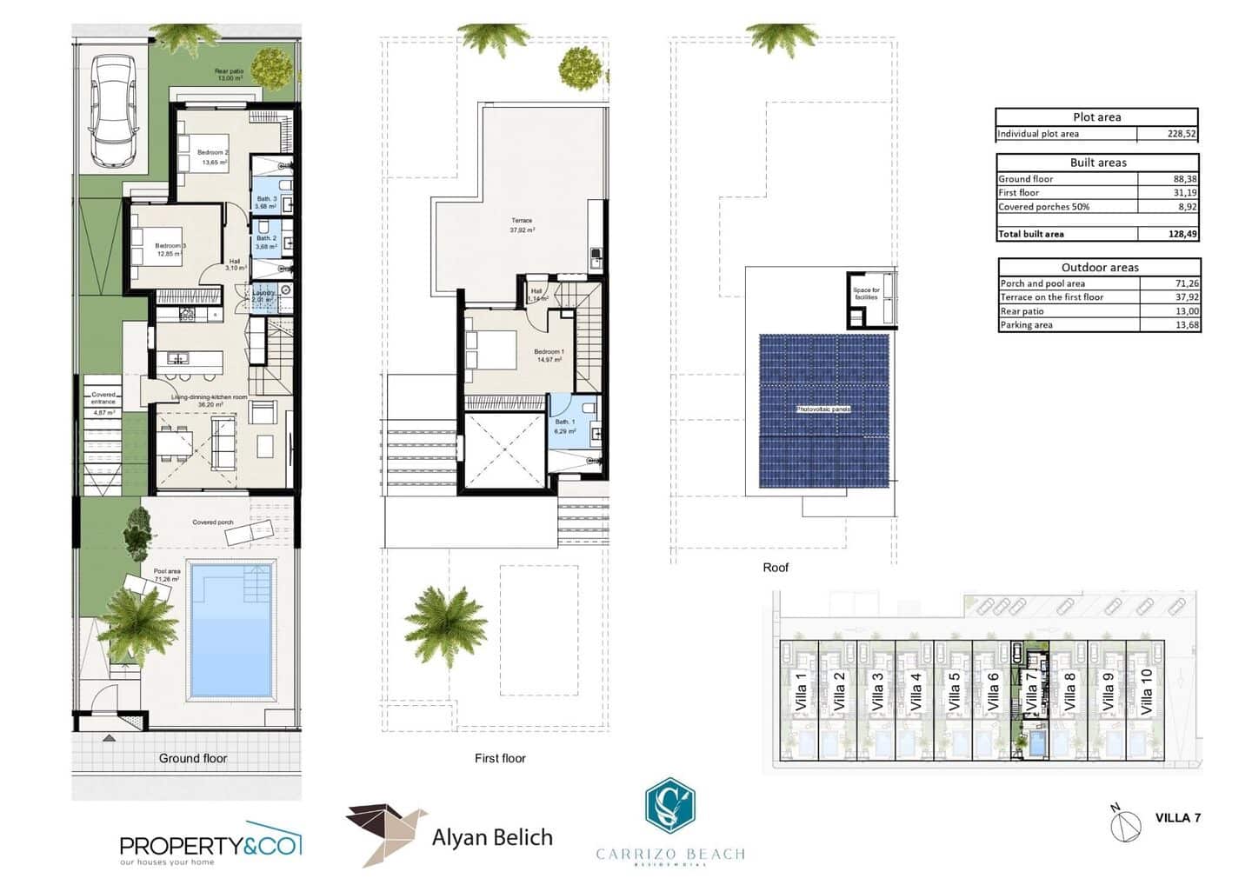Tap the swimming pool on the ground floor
(x=230, y=630)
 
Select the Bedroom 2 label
(x=212, y=153)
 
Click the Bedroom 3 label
(x=170, y=246)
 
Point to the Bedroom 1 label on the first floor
(x=549, y=352)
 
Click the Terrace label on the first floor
(x=522, y=221)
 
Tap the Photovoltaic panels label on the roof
(x=823, y=409)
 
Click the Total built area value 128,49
(x=1183, y=234)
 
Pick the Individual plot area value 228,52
(x=1182, y=134)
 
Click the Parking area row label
(x=1026, y=325)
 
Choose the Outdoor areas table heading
(x=1099, y=267)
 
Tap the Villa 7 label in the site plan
(x=1031, y=693)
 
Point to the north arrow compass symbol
(x=1126, y=822)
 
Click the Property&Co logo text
(x=209, y=845)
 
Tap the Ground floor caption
(x=192, y=758)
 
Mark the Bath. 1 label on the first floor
(x=564, y=423)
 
